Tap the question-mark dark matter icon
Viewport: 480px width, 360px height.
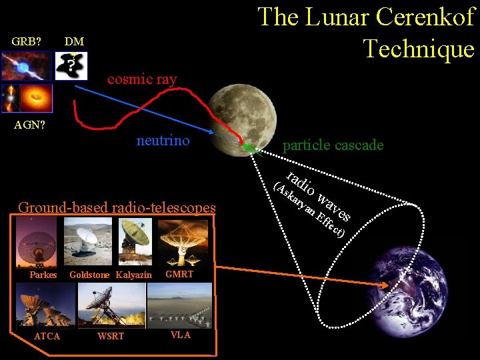[71, 65]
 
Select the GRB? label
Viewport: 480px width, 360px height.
[27, 41]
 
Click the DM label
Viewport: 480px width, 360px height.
[74, 41]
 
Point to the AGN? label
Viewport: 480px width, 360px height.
[31, 124]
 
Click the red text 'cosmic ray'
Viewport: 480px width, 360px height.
[142, 79]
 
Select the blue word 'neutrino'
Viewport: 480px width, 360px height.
[163, 140]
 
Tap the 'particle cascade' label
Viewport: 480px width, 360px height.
[333, 145]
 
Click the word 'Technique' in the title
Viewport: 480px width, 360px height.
[419, 48]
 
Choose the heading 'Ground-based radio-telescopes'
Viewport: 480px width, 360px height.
[117, 207]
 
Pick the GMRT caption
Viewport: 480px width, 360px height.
[179, 274]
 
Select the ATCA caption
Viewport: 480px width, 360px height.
[47, 336]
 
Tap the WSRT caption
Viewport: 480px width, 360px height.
[111, 336]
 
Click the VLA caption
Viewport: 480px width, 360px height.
[180, 335]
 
